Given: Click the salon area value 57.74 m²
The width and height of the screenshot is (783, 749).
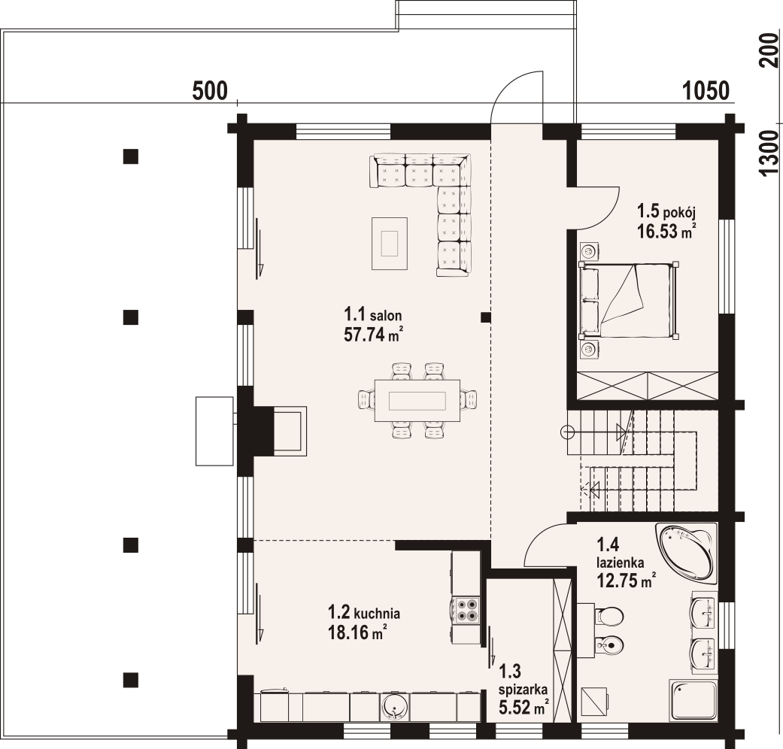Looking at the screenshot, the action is [x=373, y=334].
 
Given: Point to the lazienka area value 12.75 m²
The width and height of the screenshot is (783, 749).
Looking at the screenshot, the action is [x=627, y=581].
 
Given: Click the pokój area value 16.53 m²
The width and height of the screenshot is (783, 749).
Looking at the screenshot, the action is [x=666, y=231].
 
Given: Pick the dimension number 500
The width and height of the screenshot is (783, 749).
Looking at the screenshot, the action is [x=210, y=91].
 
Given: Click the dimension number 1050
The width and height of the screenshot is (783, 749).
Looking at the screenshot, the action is [x=706, y=91].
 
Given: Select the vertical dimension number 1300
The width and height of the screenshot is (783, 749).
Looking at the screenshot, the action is [x=769, y=153].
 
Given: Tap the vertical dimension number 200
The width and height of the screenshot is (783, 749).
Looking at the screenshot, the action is [x=769, y=50].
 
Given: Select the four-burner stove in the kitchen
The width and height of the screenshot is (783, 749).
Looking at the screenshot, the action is [x=465, y=611].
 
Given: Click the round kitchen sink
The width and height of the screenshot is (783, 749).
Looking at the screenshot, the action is [x=396, y=707].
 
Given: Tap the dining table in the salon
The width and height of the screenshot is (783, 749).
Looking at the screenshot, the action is [x=417, y=401].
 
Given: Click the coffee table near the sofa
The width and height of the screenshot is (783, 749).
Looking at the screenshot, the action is [x=390, y=243].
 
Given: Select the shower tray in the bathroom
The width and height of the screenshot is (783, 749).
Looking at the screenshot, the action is [x=693, y=699].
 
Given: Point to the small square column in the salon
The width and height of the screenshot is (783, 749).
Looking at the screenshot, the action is [x=485, y=317].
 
